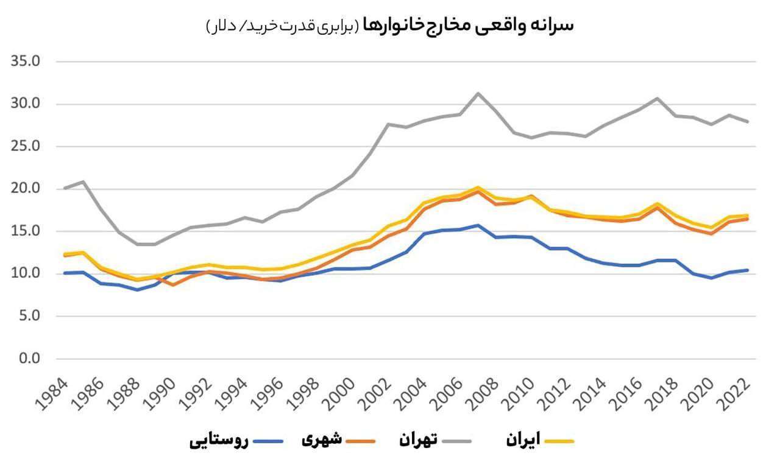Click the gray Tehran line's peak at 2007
(x=478, y=93)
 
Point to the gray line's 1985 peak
(x=83, y=181)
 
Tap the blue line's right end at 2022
(x=747, y=270)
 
